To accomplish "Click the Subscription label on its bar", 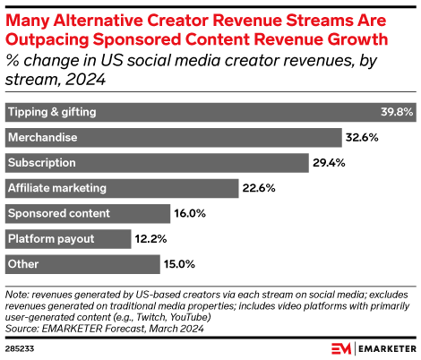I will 41,163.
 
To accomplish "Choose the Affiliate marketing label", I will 57,188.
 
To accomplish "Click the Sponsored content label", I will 58,213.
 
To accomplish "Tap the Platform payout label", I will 50,238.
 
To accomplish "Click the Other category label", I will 22,263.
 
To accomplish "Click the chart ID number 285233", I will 20,347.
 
